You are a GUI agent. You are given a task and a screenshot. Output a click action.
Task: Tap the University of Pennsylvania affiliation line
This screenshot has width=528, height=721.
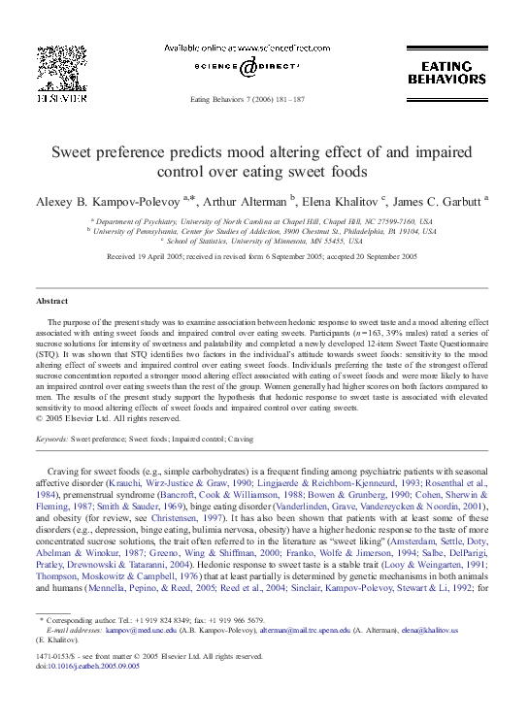point(264,232)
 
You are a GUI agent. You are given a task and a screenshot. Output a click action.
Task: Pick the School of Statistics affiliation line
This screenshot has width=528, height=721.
point(264,242)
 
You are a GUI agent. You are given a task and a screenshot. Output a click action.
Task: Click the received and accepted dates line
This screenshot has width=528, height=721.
point(262,256)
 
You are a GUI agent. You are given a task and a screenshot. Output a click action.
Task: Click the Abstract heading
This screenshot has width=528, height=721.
point(52,302)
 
